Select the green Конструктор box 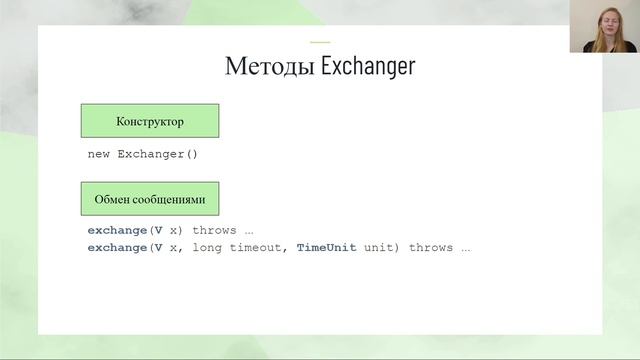click(149, 121)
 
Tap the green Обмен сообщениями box click(149, 199)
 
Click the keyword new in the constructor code click(99, 154)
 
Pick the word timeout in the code click(257, 247)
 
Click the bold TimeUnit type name click(326, 247)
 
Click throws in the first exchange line click(215, 230)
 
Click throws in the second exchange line click(431, 247)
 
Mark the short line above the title click(320, 42)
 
